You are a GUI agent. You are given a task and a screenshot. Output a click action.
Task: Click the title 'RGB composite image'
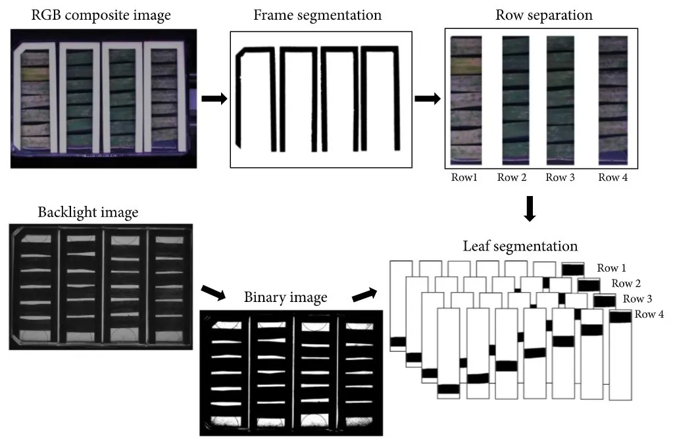(x=101, y=15)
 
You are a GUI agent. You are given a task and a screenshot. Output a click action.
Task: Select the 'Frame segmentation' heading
(x=318, y=15)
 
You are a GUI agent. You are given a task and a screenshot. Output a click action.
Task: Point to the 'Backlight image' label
(x=88, y=212)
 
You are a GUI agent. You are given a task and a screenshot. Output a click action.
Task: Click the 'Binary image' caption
(x=286, y=297)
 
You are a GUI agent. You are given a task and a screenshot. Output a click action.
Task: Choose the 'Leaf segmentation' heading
(x=520, y=247)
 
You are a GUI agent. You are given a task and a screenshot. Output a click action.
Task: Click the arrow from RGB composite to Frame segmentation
(x=214, y=99)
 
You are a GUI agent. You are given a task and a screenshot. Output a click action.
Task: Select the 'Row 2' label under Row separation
(x=512, y=177)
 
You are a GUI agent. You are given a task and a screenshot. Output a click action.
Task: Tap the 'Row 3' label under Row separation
(x=560, y=177)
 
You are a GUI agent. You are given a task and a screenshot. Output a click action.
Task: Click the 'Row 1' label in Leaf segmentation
(x=612, y=268)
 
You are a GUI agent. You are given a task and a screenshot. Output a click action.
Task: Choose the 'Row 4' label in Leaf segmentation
(x=649, y=314)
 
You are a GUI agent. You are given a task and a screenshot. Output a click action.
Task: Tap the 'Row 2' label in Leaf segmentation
(x=626, y=284)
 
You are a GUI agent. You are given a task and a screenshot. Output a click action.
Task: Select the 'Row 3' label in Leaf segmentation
(x=637, y=299)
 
